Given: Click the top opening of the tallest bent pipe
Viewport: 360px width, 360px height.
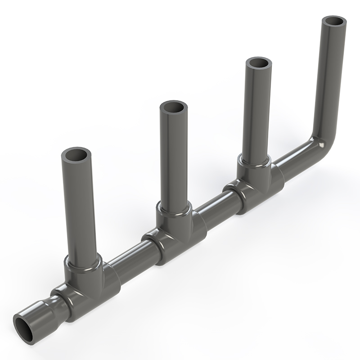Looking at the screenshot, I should tap(335, 21).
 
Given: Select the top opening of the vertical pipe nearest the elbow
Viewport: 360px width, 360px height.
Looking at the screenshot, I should tap(258, 63).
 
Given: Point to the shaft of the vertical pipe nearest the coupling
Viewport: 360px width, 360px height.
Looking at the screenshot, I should tap(78, 207).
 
